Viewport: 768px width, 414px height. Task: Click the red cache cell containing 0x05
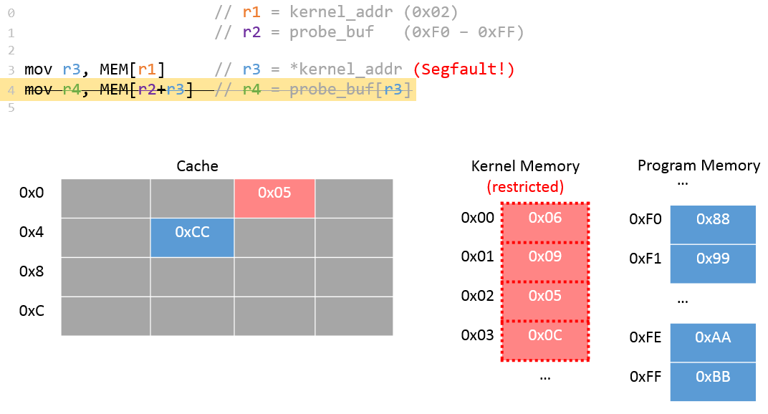274,198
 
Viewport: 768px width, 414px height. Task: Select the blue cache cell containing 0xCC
192,238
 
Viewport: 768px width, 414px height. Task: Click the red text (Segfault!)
464,69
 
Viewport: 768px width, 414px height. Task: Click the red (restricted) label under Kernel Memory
525,187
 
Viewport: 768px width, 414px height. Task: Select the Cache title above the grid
197,166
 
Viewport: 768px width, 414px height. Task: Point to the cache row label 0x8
32,272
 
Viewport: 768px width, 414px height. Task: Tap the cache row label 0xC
32,312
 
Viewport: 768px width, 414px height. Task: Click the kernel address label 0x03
477,334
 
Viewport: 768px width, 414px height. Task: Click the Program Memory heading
699,165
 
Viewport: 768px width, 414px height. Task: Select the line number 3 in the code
11,70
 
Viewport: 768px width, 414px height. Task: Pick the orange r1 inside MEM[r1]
147,69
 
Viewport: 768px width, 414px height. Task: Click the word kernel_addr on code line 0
332,12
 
